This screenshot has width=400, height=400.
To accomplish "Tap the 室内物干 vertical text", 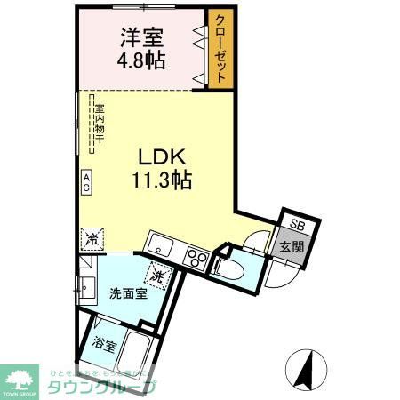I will pos(100,125).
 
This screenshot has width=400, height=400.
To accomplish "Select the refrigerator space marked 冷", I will pos(92,238).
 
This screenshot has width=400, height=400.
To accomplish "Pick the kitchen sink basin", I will pos(159,242).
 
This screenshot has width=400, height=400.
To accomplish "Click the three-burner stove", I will pos(196,259).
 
